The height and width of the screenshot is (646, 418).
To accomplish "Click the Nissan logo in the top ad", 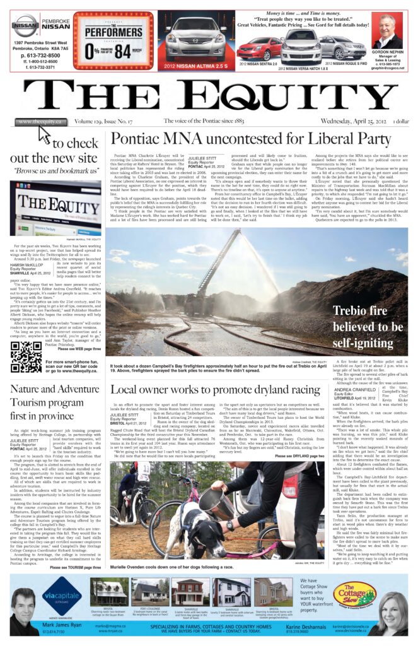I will (x=25, y=25).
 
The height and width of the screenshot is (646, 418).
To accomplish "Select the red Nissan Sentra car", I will (x=258, y=49).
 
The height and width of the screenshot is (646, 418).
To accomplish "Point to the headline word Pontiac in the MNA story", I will (x=138, y=139).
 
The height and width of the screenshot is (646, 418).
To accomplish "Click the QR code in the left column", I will (x=26, y=356).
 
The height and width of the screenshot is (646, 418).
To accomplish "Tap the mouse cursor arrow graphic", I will (x=44, y=134).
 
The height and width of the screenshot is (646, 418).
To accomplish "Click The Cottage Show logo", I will (x=354, y=594).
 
